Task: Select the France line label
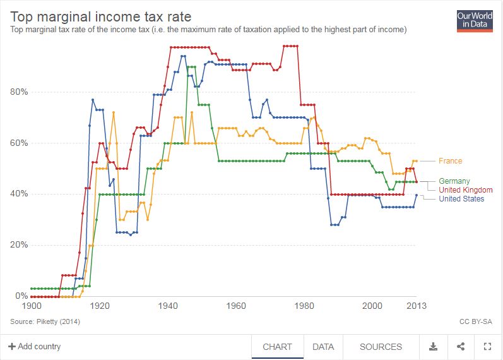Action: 450,161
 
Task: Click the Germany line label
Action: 454,181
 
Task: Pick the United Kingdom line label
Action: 466,190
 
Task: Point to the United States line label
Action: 461,199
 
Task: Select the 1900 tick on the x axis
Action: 31,306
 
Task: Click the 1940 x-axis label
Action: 168,306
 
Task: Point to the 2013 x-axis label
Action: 416,306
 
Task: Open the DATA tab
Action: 323,347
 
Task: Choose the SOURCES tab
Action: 381,347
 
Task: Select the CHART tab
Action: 277,347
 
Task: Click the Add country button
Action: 35,347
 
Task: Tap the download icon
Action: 434,347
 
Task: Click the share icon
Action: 460,347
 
